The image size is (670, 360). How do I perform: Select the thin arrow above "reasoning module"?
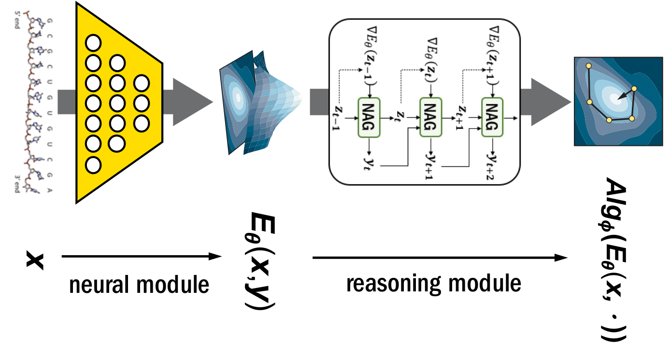point(440,258)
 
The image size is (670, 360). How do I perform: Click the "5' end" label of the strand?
point(17,19)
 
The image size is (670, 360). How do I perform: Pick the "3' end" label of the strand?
point(17,186)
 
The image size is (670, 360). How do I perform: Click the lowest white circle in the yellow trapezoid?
point(94,164)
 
